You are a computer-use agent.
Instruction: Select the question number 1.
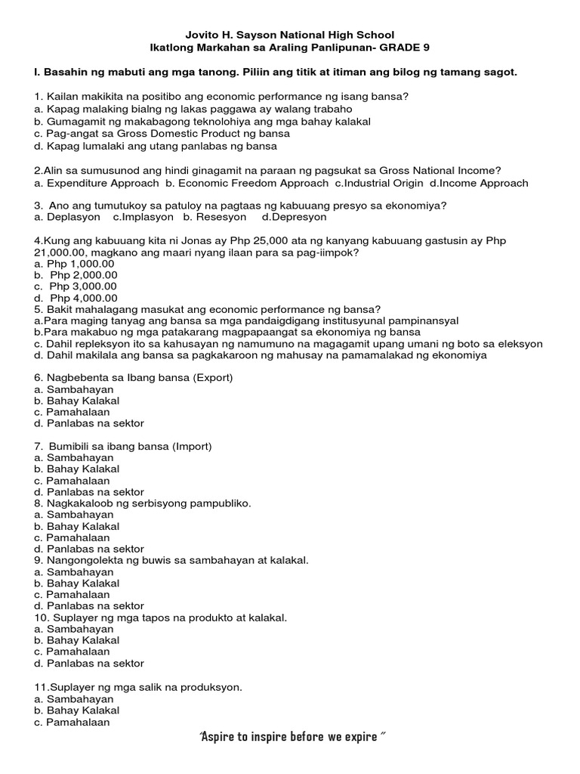38,96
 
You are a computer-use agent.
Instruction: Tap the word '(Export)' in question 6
214,378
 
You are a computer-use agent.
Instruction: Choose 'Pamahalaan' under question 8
78,537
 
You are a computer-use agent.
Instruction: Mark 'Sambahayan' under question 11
80,699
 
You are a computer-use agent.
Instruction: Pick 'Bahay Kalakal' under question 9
83,584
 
